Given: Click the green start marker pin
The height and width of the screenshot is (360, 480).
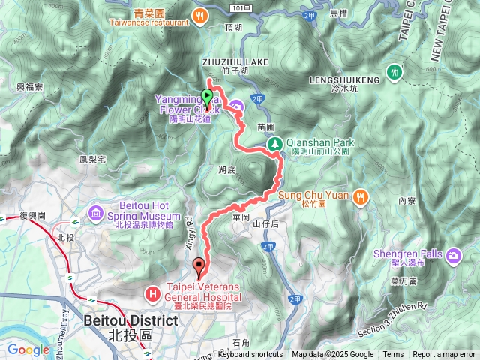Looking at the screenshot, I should coord(207,96).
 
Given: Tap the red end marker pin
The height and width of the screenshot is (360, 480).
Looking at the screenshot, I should coord(198,265).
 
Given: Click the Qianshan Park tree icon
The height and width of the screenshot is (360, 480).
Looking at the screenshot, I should coord(275,143).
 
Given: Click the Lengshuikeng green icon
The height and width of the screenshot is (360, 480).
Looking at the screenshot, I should coord(394,73).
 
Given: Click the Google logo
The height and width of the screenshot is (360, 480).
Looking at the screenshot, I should coord(28,349).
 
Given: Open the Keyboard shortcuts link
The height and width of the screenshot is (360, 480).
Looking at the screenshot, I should coord(250,355).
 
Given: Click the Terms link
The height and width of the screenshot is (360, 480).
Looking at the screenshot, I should coord(392,355).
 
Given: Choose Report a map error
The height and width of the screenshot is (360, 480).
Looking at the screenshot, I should coord(443,355).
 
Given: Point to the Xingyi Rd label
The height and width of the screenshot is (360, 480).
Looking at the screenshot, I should coord(190,234).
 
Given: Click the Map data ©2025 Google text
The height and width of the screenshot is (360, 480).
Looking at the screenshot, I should coord(332,355).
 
